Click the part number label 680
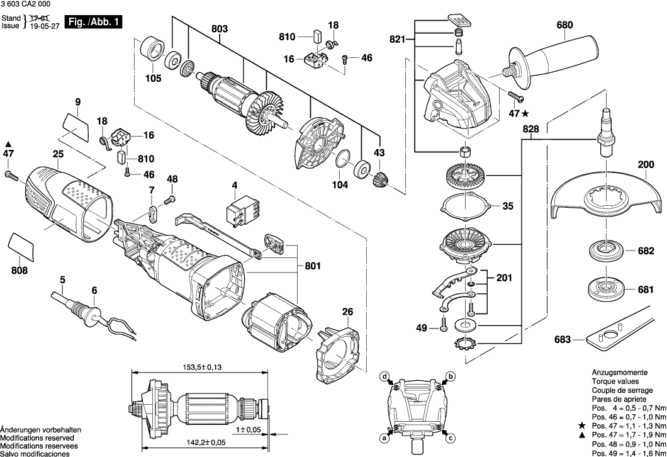tap(564, 26)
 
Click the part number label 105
tap(153, 79)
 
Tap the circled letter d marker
tap(384, 377)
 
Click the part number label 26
tap(347, 311)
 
